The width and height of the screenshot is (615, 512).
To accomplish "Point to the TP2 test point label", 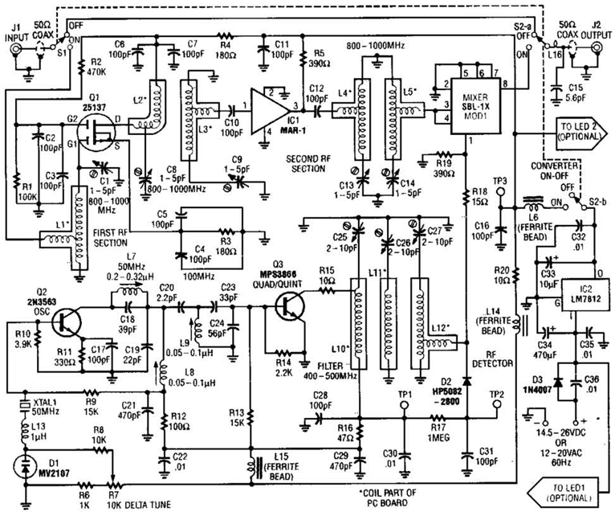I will pos(499,394).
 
